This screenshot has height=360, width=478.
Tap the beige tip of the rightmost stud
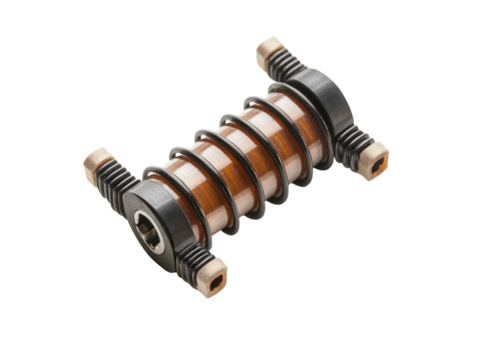tap(377, 157)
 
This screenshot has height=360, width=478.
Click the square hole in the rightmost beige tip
tap(380, 159)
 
